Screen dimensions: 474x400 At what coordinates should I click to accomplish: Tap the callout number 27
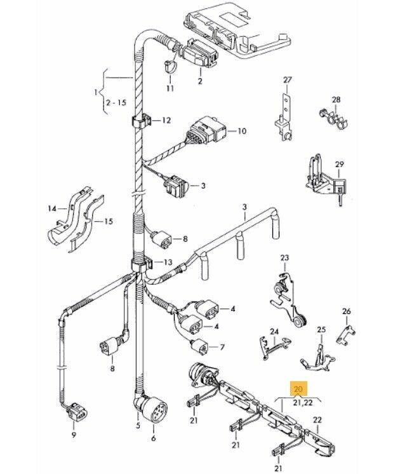287,79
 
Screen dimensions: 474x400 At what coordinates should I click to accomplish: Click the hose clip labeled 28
330,116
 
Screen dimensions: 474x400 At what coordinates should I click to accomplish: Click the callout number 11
170,88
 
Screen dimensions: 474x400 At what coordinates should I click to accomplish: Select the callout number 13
168,262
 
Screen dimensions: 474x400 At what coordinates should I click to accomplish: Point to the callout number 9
74,435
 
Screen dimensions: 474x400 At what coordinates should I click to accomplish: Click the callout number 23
284,257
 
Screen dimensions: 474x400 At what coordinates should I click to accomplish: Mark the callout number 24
274,332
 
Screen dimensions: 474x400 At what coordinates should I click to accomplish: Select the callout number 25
321,330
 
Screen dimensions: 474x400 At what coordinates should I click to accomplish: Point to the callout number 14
53,208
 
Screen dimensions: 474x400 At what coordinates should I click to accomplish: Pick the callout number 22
317,419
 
